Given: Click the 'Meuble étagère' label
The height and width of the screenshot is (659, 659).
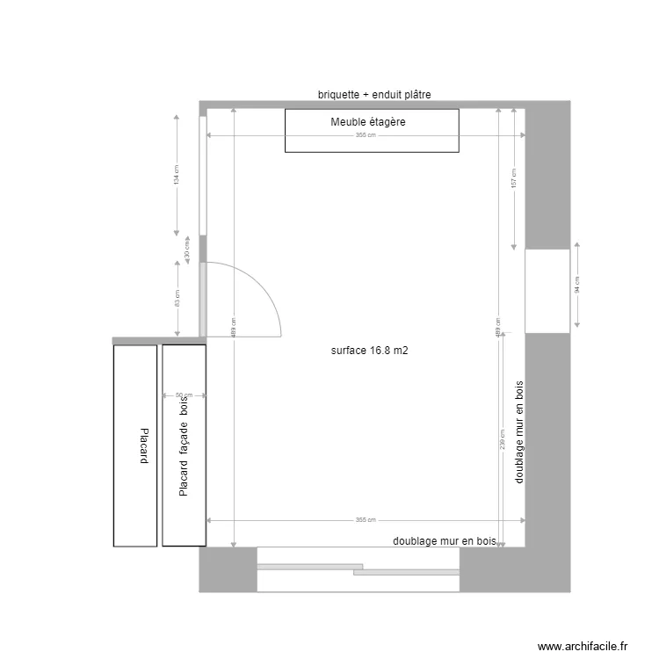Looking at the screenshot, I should coord(368,122).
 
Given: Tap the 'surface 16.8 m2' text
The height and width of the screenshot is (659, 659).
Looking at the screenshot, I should coord(370,351).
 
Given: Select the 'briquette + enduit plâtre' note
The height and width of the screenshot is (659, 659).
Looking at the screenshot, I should coord(373,94).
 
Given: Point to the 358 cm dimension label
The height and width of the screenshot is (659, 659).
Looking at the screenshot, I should coord(366,135).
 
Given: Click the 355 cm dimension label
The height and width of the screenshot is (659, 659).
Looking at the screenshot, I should coord(366,520).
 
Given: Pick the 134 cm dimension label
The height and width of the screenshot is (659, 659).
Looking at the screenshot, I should coord(176,176).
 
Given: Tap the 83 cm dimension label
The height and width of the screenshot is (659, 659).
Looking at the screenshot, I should coord(176,299).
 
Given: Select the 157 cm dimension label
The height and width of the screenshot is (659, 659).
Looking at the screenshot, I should coord(513,178).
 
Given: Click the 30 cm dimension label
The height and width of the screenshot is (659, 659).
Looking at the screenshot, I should coord(186,249).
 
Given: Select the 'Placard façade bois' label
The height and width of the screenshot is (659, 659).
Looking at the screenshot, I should coord(184,445).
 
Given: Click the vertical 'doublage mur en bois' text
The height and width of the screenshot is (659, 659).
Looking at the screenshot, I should coord(518,431).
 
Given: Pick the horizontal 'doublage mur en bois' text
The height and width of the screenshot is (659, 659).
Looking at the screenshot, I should coord(445,542).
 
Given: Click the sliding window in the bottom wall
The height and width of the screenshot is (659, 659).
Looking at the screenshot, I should coord(358,568).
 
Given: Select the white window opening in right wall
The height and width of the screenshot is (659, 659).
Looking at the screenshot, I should coord(547,291).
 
